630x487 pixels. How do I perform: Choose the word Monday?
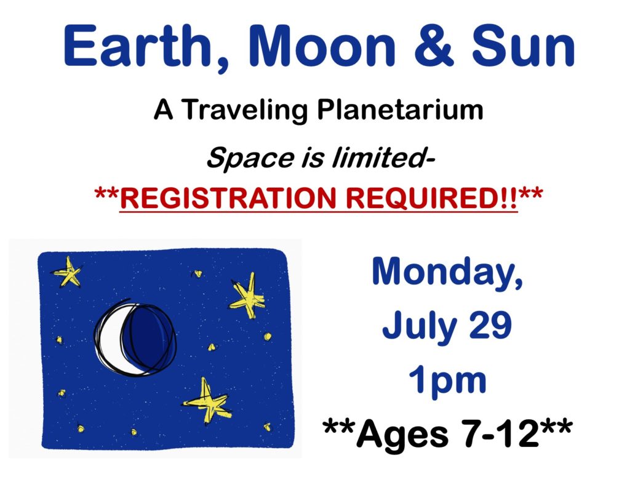pyautogui.click(x=448, y=272)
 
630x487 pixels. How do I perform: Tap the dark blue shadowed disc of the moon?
pyautogui.click(x=148, y=337)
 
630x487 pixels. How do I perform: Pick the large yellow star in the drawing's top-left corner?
pyautogui.click(x=67, y=272)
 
